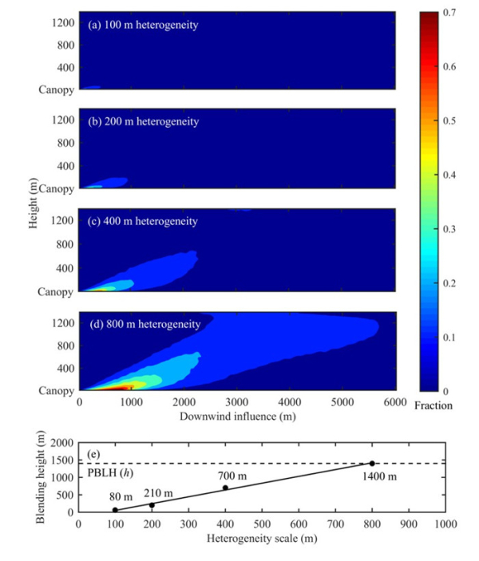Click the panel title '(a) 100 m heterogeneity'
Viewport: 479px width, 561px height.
click(143, 25)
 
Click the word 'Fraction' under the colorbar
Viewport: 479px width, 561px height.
click(433, 405)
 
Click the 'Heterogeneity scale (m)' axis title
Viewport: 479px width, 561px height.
click(261, 539)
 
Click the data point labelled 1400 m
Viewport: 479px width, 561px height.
click(372, 464)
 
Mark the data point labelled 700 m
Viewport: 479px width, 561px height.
click(225, 488)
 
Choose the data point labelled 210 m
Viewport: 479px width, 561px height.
click(152, 504)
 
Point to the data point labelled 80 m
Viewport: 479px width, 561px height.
click(115, 509)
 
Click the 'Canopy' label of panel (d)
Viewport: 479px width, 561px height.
click(55, 391)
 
